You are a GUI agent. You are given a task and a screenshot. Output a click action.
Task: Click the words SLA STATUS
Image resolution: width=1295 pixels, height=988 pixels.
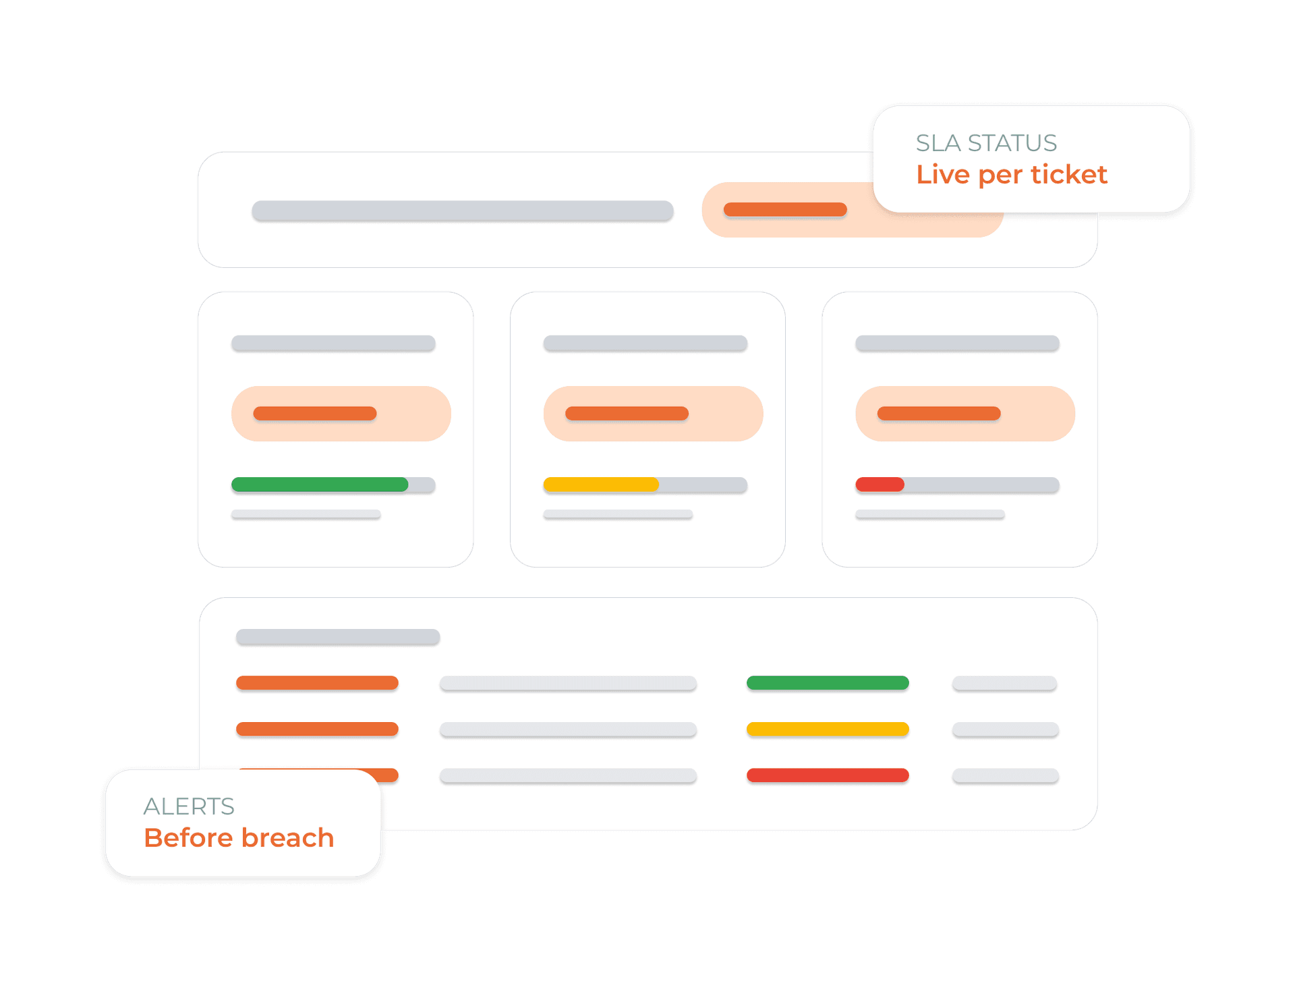pos(986,143)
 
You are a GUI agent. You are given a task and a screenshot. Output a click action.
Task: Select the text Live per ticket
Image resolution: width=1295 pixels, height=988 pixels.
pos(1011,175)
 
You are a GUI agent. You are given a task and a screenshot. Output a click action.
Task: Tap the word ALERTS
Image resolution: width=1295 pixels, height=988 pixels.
pos(189,806)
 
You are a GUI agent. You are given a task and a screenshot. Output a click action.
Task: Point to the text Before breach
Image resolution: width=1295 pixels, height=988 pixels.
pos(239,838)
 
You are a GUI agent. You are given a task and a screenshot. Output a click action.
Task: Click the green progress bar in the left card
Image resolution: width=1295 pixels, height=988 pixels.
pos(320,485)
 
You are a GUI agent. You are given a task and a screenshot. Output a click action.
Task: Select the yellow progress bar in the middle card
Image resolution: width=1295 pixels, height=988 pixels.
pos(601,485)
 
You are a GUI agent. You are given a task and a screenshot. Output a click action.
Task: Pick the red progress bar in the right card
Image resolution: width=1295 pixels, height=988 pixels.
pos(880,485)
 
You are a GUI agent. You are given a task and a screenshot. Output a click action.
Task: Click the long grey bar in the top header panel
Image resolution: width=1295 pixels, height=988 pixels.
pos(463,211)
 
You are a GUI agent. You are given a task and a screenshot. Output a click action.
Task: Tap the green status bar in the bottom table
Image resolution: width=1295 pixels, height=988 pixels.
pos(828,683)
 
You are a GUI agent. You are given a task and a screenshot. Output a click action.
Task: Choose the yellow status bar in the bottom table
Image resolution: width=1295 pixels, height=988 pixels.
pos(828,729)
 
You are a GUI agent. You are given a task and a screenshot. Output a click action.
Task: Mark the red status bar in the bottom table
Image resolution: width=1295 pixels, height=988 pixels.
pos(828,775)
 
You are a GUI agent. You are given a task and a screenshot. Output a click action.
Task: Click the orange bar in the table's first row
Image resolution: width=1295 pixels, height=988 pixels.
pos(317,683)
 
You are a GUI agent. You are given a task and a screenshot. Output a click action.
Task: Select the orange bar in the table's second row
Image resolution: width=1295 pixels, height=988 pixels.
pos(317,729)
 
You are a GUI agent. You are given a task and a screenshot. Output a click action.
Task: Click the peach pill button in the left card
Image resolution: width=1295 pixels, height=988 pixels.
pos(341,414)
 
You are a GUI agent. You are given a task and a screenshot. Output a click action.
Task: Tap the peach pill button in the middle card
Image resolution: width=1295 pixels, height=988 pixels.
pos(653,414)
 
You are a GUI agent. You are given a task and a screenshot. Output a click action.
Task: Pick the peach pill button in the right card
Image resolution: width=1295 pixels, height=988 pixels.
pos(965,414)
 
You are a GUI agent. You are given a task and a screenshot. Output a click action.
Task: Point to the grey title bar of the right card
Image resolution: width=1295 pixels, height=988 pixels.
pos(957,343)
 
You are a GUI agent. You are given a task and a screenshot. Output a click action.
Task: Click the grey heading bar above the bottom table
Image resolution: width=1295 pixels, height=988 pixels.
pos(338,637)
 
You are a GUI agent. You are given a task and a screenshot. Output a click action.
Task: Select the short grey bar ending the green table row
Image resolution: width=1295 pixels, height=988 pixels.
pos(1004,683)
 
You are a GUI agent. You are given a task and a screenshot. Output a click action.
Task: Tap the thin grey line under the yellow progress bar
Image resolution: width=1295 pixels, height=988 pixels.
pos(618,514)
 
